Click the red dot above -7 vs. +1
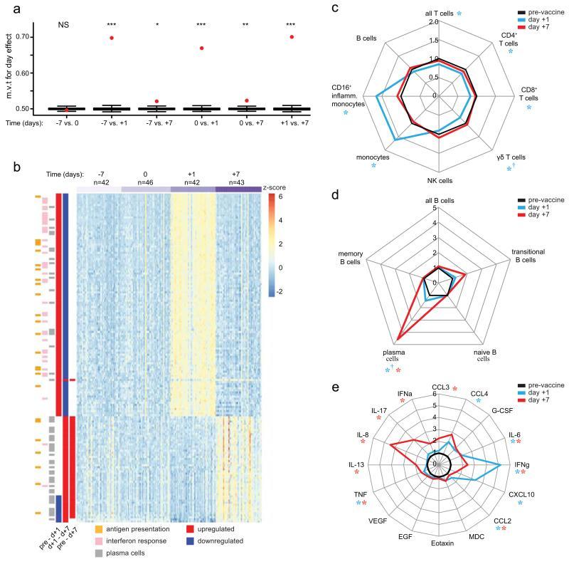point(112,37)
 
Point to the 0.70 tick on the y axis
point(42,36)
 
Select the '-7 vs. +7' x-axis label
point(156,122)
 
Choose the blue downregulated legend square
point(190,541)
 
